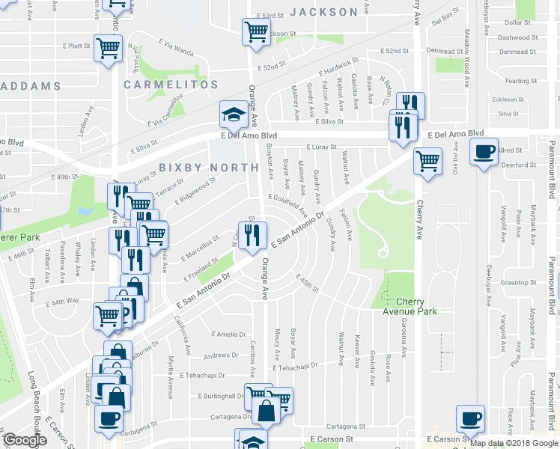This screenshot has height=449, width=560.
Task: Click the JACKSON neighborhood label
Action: [x=323, y=12]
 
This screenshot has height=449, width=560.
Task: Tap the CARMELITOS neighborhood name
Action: [x=171, y=85]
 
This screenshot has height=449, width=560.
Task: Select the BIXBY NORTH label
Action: [x=208, y=167]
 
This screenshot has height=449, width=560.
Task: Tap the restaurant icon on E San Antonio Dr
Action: [x=252, y=235]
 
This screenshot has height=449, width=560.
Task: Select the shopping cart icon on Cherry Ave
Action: [x=427, y=159]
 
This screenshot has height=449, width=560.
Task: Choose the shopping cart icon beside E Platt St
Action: [x=109, y=48]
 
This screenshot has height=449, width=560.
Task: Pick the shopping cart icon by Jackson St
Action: [x=256, y=31]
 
